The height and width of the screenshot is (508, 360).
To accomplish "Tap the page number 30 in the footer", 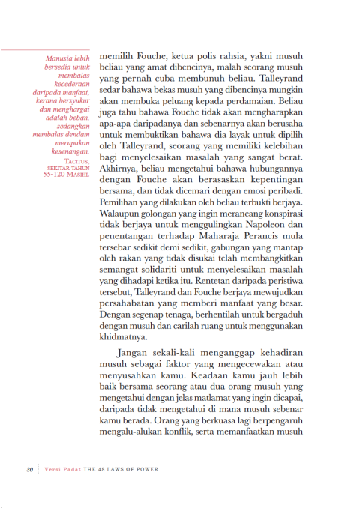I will (x=29, y=470).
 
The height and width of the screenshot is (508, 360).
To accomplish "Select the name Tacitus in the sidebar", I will (x=76, y=161).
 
